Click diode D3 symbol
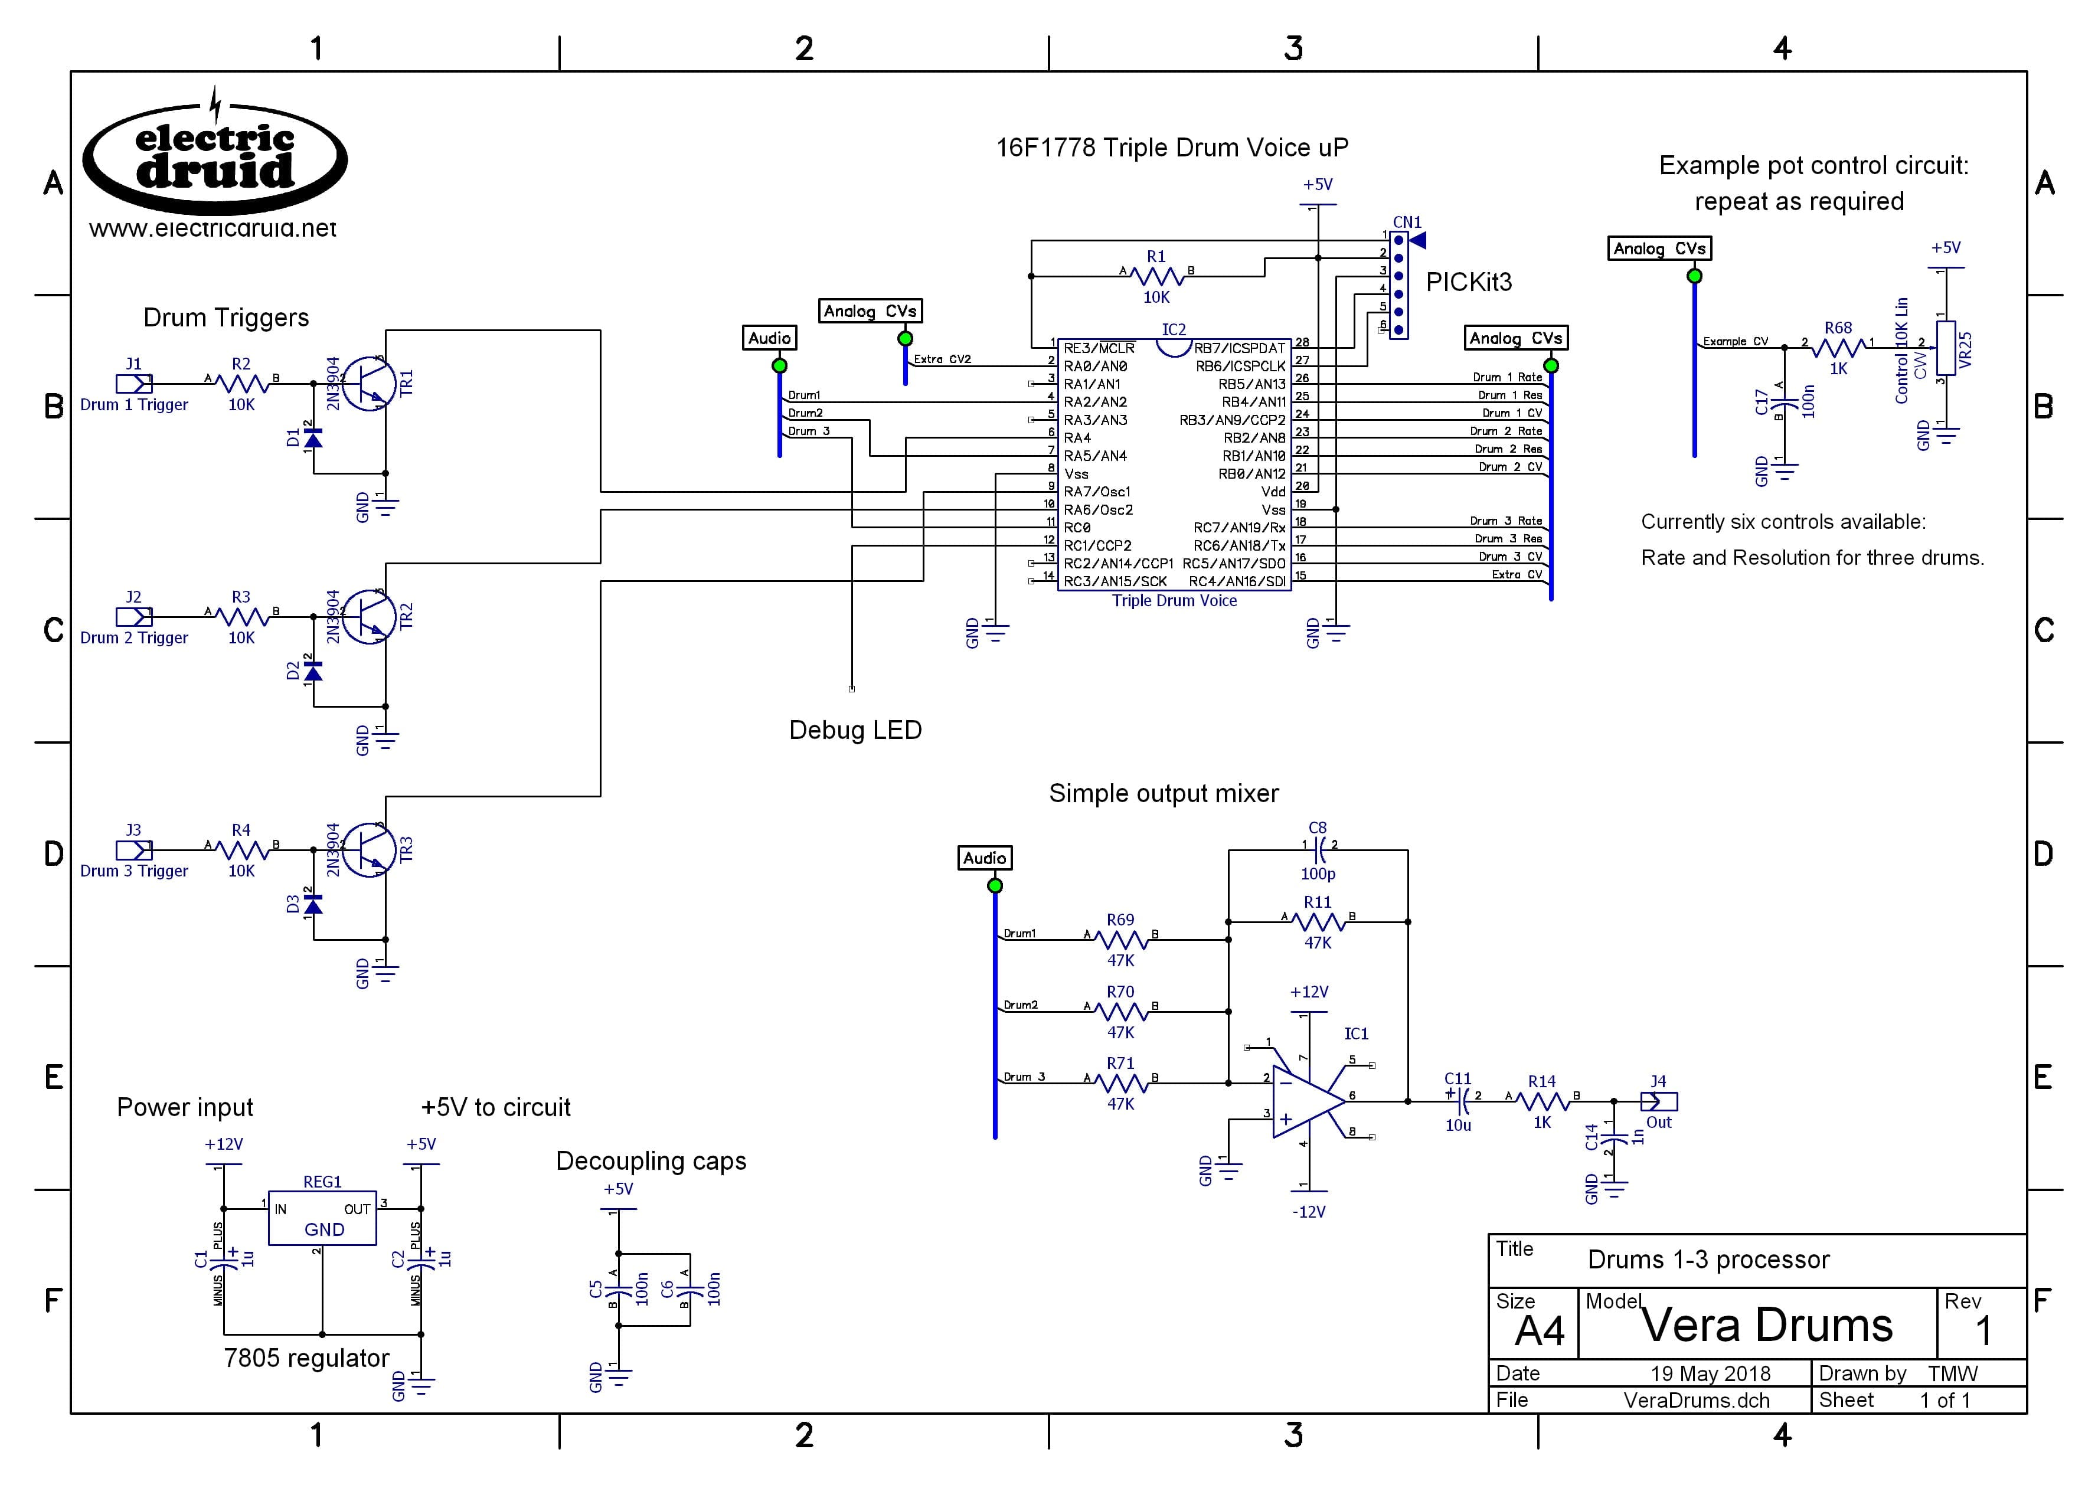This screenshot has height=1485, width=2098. click(313, 904)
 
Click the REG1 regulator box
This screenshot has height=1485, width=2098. click(322, 1218)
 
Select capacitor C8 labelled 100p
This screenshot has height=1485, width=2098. click(1318, 851)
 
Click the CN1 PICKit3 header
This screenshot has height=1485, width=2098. click(1398, 284)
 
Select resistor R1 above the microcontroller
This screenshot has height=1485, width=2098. click(1157, 275)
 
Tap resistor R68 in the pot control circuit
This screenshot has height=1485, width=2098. click(1838, 348)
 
